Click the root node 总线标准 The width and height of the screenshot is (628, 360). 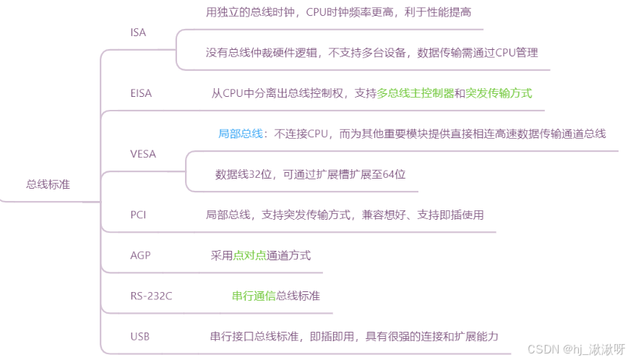point(48,184)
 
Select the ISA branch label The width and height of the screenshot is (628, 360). point(138,33)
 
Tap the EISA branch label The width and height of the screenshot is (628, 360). point(141,93)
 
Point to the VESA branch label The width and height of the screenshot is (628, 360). point(143,153)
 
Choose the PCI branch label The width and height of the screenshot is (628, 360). point(138,214)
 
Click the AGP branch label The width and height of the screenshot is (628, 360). point(140,255)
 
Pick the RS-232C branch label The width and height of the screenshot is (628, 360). point(152,296)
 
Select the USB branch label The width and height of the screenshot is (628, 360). point(140,336)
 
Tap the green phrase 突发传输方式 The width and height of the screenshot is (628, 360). point(499,93)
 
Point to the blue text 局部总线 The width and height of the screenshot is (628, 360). point(240,134)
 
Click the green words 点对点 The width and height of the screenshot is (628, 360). point(250,255)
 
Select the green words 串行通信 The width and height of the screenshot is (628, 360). point(254,296)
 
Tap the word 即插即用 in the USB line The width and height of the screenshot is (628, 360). point(332,336)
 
